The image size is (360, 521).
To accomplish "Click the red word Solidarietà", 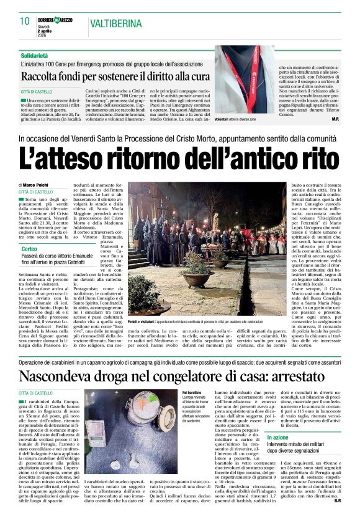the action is click(36, 55).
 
